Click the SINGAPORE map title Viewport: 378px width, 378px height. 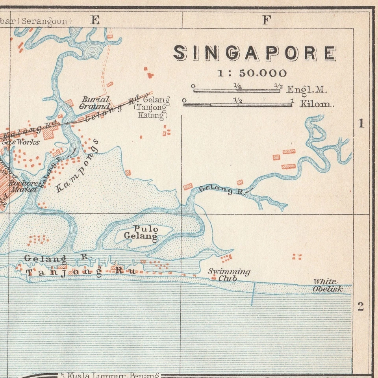click(255, 53)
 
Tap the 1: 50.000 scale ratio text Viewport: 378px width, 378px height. click(252, 73)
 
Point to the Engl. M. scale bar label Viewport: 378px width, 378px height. click(307, 89)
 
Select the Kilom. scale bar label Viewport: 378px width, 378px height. click(317, 104)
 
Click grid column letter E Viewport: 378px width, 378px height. click(95, 20)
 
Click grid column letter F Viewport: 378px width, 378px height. click(267, 20)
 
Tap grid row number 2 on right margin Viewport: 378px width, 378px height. click(361, 307)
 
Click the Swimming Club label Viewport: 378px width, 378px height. click(229, 274)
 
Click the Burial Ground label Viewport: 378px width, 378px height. click(94, 103)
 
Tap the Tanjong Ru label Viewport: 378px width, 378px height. click(81, 272)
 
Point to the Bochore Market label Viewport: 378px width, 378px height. click(24, 186)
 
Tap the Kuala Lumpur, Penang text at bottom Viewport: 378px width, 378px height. click(113, 374)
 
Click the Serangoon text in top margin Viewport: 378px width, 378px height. click(46, 21)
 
